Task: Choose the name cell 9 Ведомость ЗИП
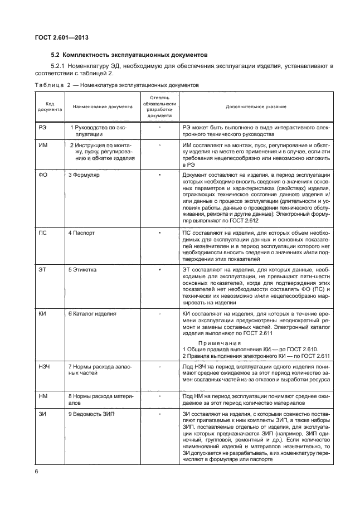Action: [91, 414]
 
